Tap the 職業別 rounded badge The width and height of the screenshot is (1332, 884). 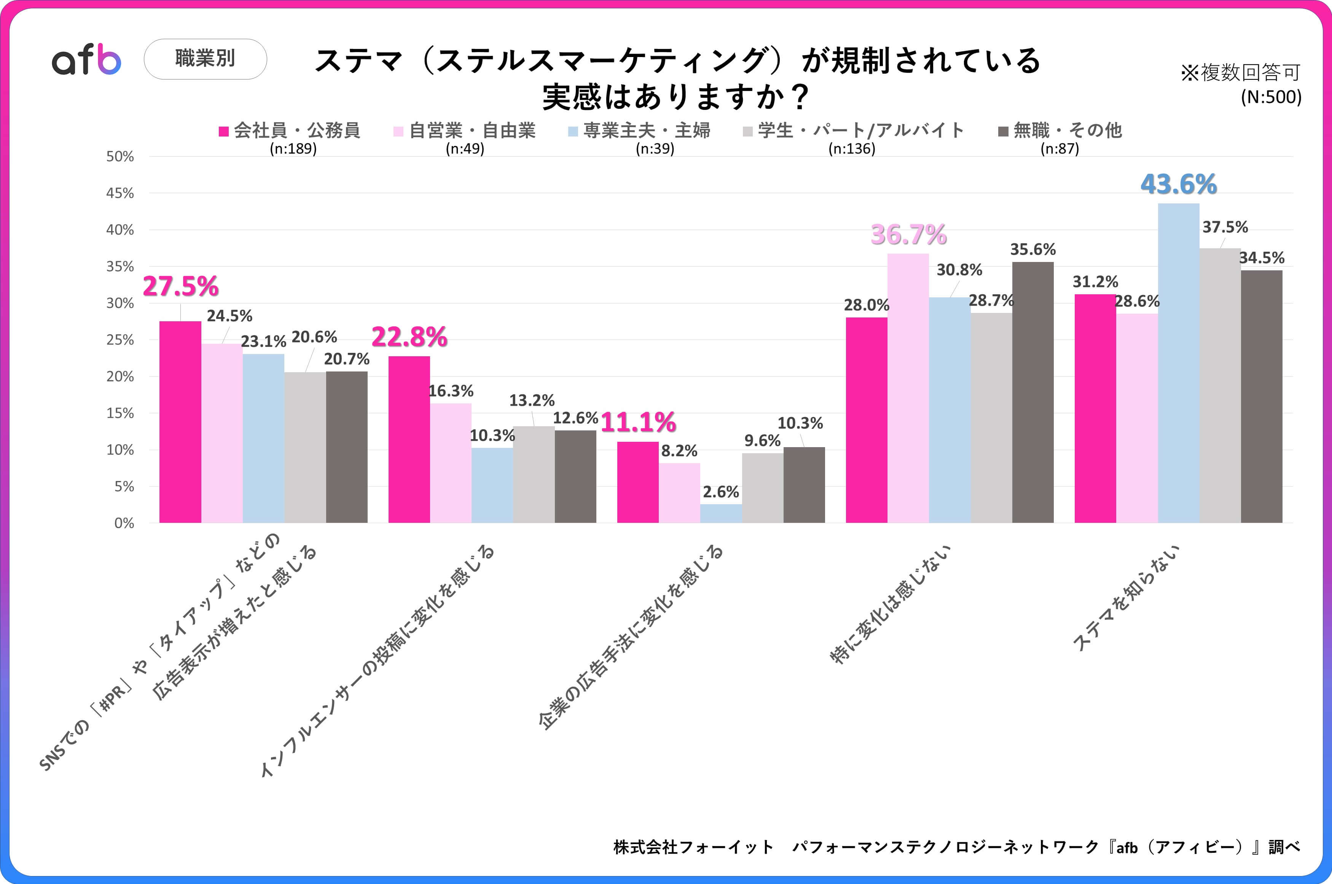(x=206, y=59)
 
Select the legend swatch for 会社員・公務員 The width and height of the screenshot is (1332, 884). (x=223, y=131)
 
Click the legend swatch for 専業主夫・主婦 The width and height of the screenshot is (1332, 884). (x=573, y=131)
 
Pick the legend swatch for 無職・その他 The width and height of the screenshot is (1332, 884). (x=1003, y=131)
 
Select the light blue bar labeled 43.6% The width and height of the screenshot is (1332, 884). (x=1179, y=363)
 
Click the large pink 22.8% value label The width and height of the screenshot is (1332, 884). (x=409, y=337)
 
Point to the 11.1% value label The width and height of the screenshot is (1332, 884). (x=638, y=422)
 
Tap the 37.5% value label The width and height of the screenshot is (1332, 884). (x=1225, y=227)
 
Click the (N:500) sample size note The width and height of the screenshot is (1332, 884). (x=1270, y=97)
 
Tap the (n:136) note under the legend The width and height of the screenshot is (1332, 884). (x=851, y=149)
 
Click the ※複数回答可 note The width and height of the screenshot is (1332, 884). (x=1241, y=73)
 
